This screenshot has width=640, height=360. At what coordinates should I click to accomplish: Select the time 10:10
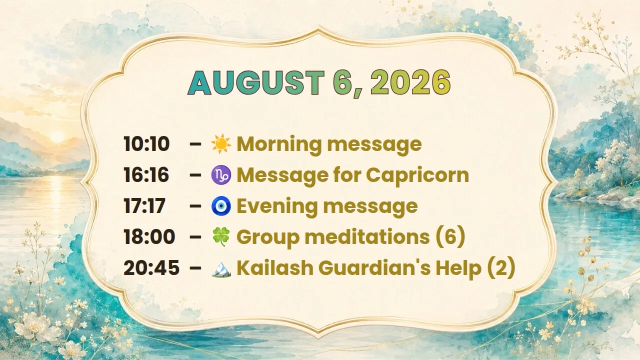click(x=146, y=143)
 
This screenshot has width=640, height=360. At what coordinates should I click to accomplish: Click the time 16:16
click(x=146, y=174)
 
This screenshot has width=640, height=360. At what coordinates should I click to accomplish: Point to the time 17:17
click(x=144, y=205)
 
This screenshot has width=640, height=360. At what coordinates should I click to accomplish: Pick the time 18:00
click(x=149, y=236)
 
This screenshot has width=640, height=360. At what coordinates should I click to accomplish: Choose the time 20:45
click(x=151, y=267)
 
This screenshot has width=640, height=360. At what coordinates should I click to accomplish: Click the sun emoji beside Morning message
click(x=221, y=143)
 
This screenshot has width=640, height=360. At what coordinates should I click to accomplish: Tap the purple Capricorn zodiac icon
click(x=221, y=174)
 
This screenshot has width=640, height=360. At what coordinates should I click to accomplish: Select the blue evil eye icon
click(x=221, y=205)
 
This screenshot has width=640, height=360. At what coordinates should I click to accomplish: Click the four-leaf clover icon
click(x=221, y=236)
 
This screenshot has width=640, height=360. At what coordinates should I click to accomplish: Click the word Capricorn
click(x=417, y=175)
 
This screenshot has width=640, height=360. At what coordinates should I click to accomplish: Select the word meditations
click(x=367, y=236)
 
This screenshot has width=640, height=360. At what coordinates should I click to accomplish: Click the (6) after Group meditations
click(x=450, y=236)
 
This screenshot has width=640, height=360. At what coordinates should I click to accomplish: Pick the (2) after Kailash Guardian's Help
click(x=500, y=267)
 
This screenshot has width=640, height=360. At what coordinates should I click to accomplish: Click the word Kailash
click(x=275, y=267)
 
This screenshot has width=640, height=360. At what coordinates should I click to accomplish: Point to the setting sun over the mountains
click(x=57, y=136)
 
